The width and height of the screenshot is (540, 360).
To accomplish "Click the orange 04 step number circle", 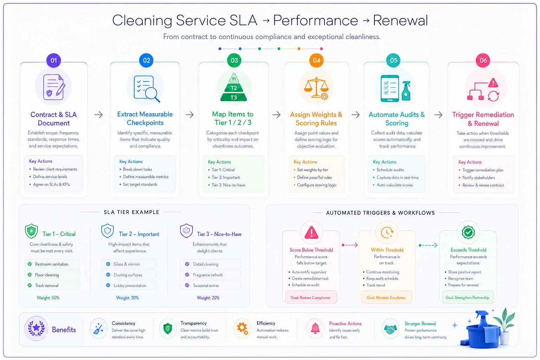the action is [x=316, y=60].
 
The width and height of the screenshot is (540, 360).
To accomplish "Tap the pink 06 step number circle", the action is [x=483, y=60].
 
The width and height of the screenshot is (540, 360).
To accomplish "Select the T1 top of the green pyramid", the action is [x=233, y=78].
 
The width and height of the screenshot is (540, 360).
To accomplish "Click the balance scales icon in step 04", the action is [x=316, y=88].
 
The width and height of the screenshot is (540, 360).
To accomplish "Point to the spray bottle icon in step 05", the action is [x=406, y=91].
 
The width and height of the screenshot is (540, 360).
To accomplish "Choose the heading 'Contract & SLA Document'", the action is [x=53, y=118].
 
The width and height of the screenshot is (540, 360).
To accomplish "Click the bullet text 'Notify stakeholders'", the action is [x=478, y=178].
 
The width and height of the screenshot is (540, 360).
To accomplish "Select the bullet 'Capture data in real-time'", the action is [x=398, y=178].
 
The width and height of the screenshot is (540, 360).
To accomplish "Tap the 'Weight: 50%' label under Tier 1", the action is [x=48, y=298].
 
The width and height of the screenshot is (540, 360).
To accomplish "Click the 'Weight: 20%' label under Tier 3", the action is [x=208, y=298].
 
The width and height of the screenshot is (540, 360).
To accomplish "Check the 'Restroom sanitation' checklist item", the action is [x=52, y=264].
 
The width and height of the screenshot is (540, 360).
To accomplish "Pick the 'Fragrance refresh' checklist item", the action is [x=210, y=275].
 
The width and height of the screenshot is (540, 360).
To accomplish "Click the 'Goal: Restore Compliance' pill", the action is [x=310, y=297].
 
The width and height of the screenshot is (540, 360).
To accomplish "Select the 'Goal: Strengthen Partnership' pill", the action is [x=468, y=297].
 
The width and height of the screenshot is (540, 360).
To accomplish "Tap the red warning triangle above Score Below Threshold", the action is [x=311, y=232].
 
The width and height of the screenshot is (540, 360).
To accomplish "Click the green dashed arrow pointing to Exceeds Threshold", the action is [x=428, y=245].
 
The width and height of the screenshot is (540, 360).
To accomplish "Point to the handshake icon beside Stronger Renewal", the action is [x=390, y=329].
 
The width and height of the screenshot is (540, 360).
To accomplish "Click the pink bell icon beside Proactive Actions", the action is [x=315, y=328].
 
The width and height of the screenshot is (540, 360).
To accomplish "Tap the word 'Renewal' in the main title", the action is [x=400, y=20].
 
